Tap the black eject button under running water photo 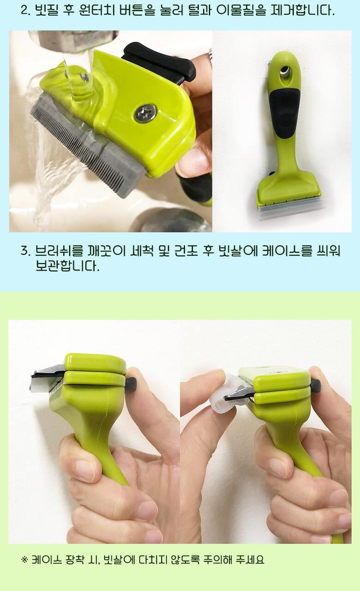[160, 61]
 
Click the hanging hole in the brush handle [285, 72]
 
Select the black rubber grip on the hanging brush [284, 111]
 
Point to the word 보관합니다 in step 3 [66, 266]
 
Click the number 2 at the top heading [24, 11]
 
